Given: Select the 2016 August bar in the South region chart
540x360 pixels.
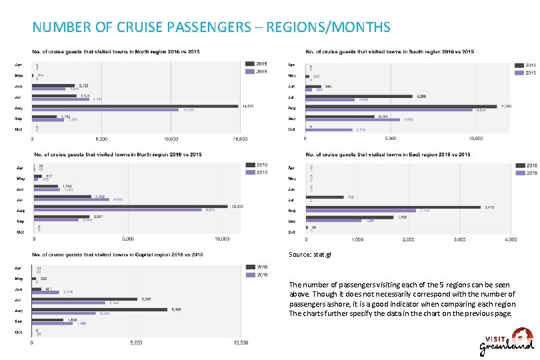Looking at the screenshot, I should [401, 106].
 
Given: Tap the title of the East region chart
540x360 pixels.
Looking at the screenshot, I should [388, 155].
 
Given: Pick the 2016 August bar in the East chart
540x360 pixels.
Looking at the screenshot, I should [393, 207].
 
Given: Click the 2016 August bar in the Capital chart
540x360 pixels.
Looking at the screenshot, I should [99, 309].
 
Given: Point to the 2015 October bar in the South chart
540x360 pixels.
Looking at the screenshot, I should [329, 130].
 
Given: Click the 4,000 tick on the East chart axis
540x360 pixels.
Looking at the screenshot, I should [510, 239].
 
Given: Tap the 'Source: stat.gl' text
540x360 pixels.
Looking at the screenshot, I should [310, 254].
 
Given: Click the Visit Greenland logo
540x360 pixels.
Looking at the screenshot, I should [507, 340].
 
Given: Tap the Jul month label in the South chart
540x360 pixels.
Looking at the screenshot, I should [291, 96].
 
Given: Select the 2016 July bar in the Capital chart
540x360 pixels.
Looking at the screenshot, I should [84, 299].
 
